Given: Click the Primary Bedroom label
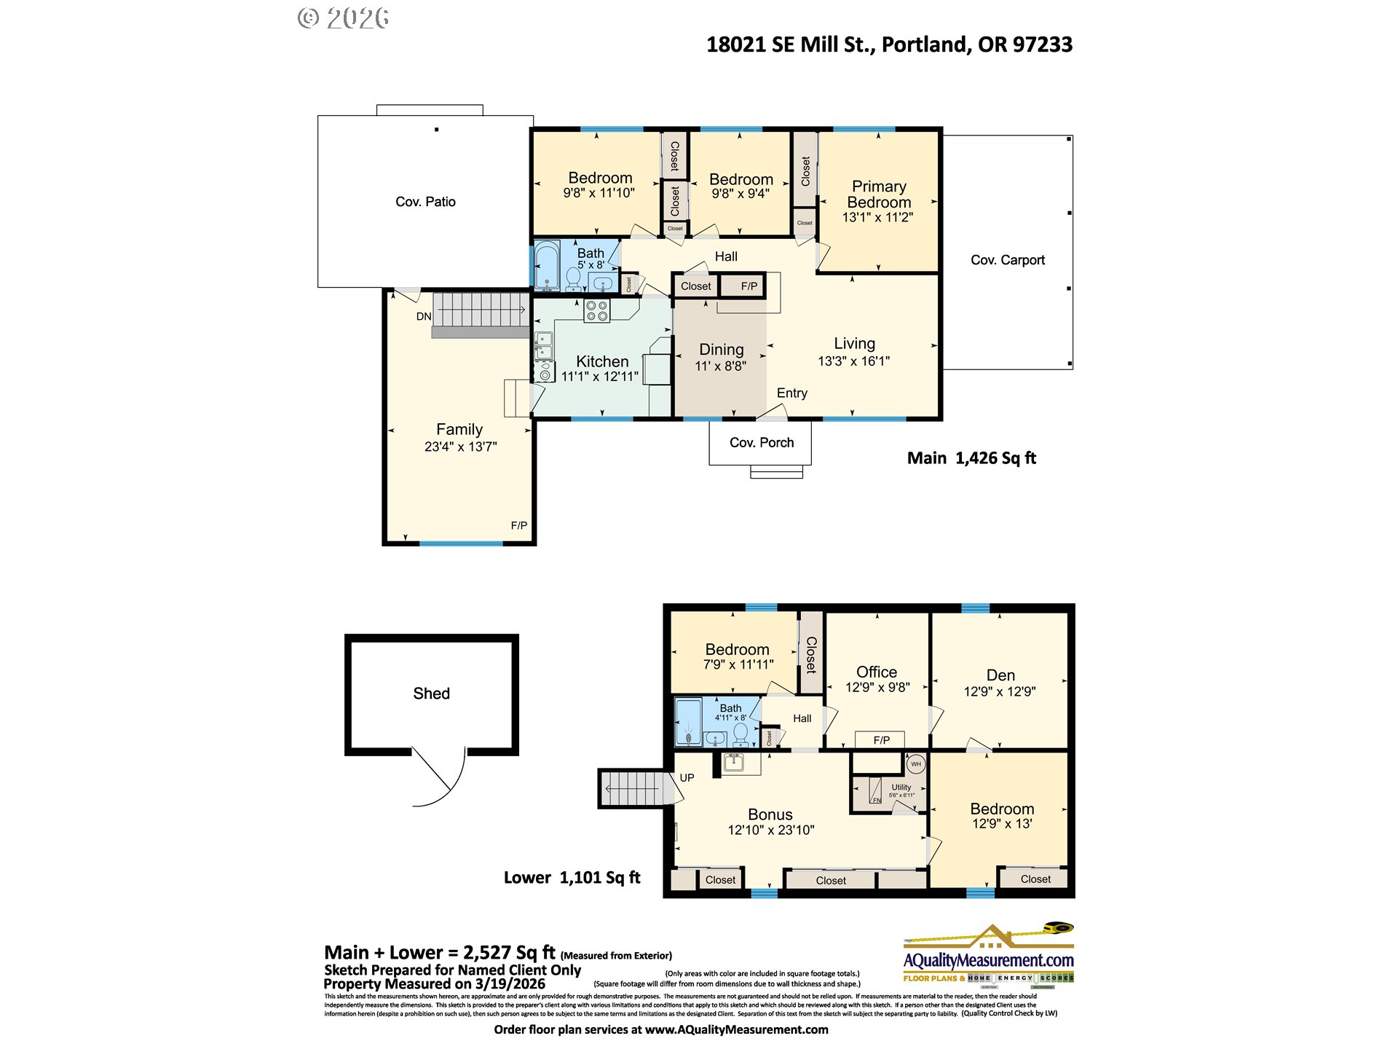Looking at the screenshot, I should tap(879, 195).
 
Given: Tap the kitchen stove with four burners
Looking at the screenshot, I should tap(597, 311).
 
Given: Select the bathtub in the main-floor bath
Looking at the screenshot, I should tap(547, 266).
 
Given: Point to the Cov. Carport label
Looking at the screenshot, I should tap(1007, 260).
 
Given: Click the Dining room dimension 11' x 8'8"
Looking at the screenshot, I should tap(720, 366).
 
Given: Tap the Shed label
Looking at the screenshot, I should tap(431, 694).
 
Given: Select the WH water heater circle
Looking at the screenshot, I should tap(916, 764).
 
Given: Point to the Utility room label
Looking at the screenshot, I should tap(901, 787).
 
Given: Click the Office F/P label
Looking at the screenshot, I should tap(881, 740).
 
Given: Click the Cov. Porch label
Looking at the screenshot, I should tap(761, 443).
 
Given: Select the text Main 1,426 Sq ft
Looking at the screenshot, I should tap(971, 458).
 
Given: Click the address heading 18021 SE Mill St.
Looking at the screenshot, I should tap(888, 44).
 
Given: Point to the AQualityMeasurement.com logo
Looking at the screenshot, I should tap(988, 954).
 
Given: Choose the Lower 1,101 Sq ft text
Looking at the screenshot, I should tap(572, 878).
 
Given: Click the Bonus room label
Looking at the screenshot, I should tap(770, 814).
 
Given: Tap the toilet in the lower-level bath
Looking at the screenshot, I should tap(740, 732).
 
